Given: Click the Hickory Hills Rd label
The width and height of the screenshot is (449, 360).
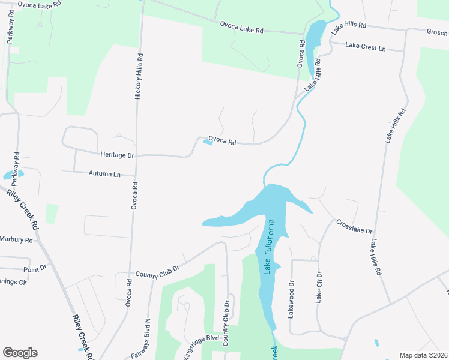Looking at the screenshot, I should pyautogui.click(x=139, y=77).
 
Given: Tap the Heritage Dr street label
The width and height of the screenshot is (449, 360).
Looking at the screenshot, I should pyautogui.click(x=118, y=155).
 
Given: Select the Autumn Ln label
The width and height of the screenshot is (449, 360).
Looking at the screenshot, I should pyautogui.click(x=104, y=174).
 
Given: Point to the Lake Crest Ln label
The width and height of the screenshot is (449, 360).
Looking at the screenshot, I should pyautogui.click(x=366, y=46).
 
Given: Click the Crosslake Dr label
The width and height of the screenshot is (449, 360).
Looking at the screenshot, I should pyautogui.click(x=354, y=226).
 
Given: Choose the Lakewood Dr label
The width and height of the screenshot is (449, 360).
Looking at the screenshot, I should pyautogui.click(x=292, y=299).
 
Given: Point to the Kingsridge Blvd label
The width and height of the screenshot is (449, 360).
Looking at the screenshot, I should pyautogui.click(x=201, y=339).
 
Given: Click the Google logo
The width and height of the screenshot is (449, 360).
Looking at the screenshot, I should pyautogui.click(x=20, y=353).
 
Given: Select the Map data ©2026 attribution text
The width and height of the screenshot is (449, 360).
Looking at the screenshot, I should pyautogui.click(x=423, y=355).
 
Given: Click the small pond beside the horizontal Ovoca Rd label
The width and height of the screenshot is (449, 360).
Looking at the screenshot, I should pyautogui.click(x=208, y=142).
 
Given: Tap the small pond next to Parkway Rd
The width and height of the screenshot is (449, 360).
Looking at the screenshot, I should pyautogui.click(x=13, y=175).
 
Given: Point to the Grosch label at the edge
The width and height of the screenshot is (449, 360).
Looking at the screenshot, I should pyautogui.click(x=437, y=32).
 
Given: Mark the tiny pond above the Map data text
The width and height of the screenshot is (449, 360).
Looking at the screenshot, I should pyautogui.click(x=376, y=343).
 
